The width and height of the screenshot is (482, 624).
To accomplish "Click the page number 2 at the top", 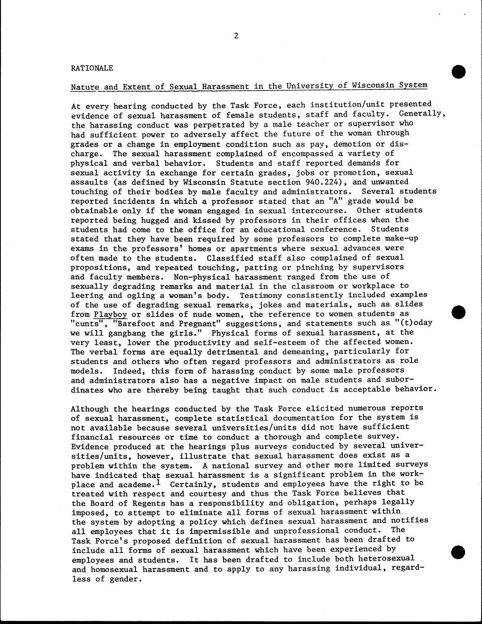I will [x=236, y=36].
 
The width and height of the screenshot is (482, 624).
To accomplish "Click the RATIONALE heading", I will [x=92, y=68].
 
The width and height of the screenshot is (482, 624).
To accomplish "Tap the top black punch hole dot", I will [x=458, y=71].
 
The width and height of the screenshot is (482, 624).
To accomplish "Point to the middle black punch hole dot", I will [x=458, y=312].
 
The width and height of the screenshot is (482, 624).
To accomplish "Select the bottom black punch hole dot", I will [x=458, y=552].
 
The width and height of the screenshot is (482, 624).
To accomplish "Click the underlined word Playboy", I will [x=111, y=314].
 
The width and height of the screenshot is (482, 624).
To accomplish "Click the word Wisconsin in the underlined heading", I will [x=382, y=85].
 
